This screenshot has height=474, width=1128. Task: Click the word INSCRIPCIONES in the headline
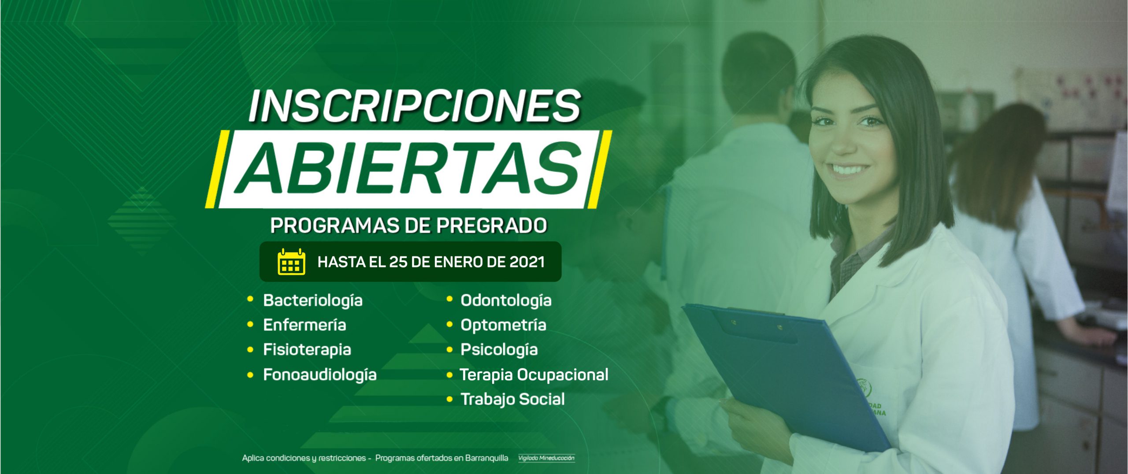[x=415, y=106]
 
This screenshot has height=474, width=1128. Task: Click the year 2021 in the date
[x=527, y=262]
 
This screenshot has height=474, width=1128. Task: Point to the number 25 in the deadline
[x=398, y=262]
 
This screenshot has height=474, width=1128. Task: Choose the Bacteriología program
[x=313, y=301]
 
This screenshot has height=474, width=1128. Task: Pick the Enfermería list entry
[x=304, y=325]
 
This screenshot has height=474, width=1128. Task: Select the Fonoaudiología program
[x=320, y=375]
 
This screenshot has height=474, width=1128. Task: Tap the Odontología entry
[x=506, y=301]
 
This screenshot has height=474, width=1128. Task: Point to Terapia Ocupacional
[x=534, y=375]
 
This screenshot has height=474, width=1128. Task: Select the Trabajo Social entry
[x=512, y=400]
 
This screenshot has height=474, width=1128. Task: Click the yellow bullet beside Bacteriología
[x=250, y=300]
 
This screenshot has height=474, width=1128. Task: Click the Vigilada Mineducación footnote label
[x=546, y=458]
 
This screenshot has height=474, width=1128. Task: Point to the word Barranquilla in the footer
[x=486, y=458]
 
